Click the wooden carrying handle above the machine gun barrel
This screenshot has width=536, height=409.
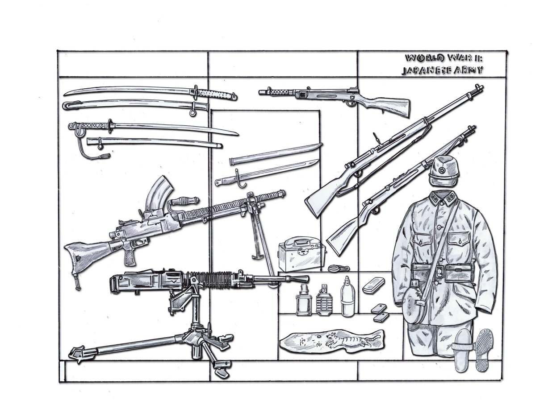tap(182, 201)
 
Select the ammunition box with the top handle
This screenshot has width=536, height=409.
tap(298, 253)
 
